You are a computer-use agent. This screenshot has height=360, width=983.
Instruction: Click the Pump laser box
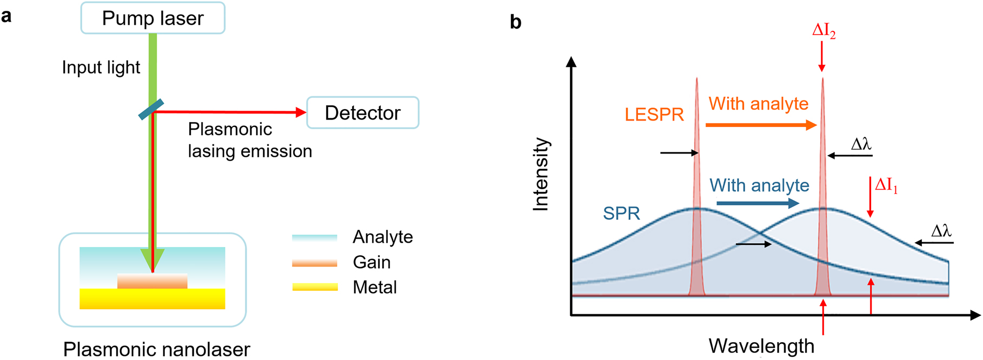point(152,18)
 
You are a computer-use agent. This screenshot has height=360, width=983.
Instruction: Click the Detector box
point(362,113)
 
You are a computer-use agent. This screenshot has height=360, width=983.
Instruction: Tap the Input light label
point(101,68)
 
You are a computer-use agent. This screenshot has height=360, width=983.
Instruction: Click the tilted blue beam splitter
point(151,109)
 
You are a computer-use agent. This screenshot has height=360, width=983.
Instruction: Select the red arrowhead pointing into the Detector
point(301,112)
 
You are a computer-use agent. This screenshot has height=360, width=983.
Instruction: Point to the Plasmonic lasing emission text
point(249,140)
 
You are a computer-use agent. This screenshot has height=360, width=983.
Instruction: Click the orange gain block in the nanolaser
point(152,281)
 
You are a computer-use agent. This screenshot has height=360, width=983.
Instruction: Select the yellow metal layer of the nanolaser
point(152,299)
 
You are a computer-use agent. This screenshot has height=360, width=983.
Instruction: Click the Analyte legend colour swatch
point(314,237)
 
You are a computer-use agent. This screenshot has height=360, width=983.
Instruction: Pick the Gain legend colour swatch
point(314,263)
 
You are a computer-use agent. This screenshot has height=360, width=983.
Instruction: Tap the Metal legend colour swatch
point(314,287)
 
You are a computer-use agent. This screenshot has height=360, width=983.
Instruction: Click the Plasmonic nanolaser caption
point(156,349)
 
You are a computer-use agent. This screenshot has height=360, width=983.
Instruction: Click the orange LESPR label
point(654,115)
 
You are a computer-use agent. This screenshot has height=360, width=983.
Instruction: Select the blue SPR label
point(621,214)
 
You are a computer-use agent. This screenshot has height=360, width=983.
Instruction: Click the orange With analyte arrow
point(760,125)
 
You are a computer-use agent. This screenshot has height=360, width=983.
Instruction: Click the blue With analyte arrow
point(757,203)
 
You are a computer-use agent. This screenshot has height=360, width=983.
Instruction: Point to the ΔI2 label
point(823,31)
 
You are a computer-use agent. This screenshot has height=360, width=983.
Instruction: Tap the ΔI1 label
point(886,185)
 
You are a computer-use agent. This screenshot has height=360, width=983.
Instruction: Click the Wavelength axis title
point(761,346)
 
